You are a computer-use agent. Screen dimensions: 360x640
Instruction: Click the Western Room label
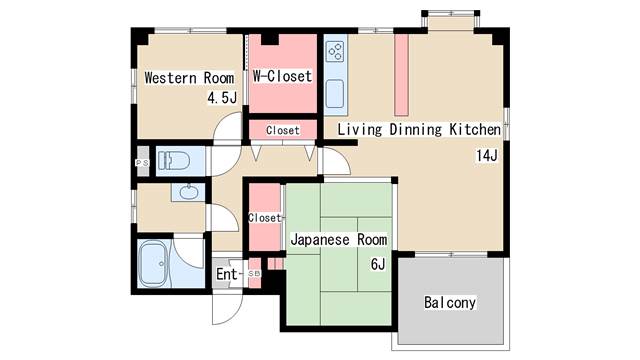click(189, 78)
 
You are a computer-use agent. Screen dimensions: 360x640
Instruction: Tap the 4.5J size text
click(222, 97)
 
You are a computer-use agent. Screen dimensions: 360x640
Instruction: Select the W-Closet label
click(282, 76)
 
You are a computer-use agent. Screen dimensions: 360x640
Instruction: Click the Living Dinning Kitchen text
click(419, 130)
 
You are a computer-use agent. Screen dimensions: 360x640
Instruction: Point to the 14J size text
click(486, 155)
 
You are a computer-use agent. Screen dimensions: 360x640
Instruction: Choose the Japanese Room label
click(338, 240)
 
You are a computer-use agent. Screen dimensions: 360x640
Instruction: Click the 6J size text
click(377, 264)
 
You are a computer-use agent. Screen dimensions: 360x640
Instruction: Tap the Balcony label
click(449, 302)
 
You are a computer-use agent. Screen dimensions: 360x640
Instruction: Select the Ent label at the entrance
click(227, 274)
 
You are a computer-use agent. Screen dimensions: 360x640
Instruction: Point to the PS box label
click(141, 162)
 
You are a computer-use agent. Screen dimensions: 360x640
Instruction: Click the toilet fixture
click(178, 161)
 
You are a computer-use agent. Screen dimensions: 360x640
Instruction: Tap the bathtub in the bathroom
click(155, 263)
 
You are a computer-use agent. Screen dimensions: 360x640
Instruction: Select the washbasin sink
click(186, 192)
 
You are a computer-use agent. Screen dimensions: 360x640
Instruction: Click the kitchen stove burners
click(334, 50)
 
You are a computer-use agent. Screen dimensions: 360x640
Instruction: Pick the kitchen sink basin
click(335, 93)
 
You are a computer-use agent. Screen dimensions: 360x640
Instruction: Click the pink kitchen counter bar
click(401, 76)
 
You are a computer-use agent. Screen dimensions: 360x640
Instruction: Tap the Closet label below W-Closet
click(283, 130)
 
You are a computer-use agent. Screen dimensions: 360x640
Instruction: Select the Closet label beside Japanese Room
click(264, 218)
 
